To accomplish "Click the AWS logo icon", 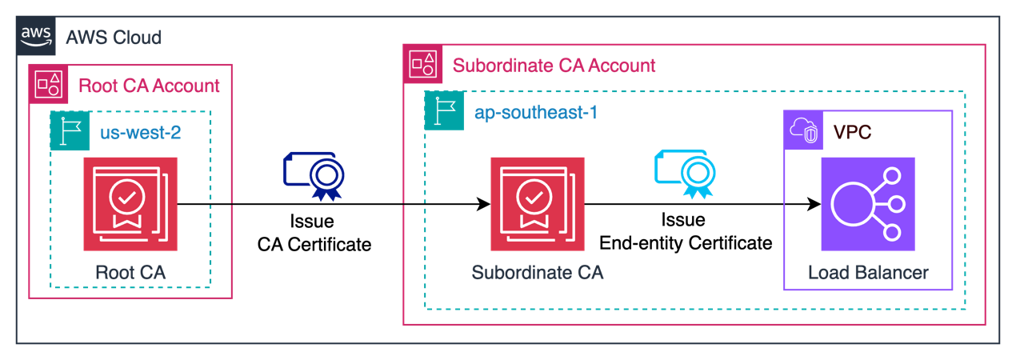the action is point(34,36).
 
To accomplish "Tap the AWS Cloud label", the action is point(114,37).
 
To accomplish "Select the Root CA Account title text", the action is point(149,85).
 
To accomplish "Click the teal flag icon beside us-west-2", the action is point(70,130).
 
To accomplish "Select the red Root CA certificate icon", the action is point(130,204).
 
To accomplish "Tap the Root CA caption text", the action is point(130,272).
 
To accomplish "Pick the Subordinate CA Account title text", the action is point(554,65).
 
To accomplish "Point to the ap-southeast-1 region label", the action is point(535,113).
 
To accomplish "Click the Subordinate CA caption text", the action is point(538,272).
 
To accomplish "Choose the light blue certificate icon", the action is point(686,173).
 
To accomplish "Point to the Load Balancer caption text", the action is point(868,272).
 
